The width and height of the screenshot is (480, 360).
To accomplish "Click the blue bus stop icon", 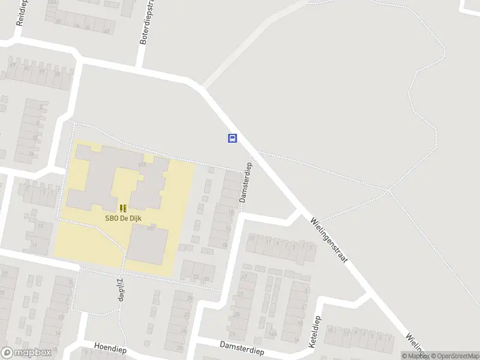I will pyautogui.click(x=232, y=138).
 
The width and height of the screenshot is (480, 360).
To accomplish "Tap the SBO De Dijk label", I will pyautogui.click(x=123, y=218).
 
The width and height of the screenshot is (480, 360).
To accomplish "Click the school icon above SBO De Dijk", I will pyautogui.click(x=123, y=208).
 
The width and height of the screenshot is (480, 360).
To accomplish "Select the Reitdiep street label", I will pyautogui.click(x=23, y=12).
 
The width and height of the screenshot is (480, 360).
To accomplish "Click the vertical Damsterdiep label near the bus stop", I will pyautogui.click(x=245, y=181).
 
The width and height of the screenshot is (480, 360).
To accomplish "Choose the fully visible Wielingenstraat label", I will pyautogui.click(x=329, y=238).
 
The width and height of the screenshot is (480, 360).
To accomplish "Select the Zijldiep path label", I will pyautogui.click(x=120, y=289).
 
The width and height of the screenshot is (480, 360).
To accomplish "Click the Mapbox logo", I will pyautogui.click(x=25, y=353).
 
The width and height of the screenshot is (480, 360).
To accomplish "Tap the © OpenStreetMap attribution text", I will pyautogui.click(x=454, y=356).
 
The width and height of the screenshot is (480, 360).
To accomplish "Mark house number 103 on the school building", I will pyautogui.click(x=142, y=164).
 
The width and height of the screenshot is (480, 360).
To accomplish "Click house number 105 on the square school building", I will pyautogui.click(x=150, y=229).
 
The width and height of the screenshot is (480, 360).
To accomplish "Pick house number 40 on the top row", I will pyautogui.click(x=106, y=31).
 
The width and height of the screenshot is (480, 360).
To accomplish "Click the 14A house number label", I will pyautogui.click(x=273, y=334).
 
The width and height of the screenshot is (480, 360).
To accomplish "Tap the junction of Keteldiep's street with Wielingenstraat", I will pyautogui.click(x=367, y=294).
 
